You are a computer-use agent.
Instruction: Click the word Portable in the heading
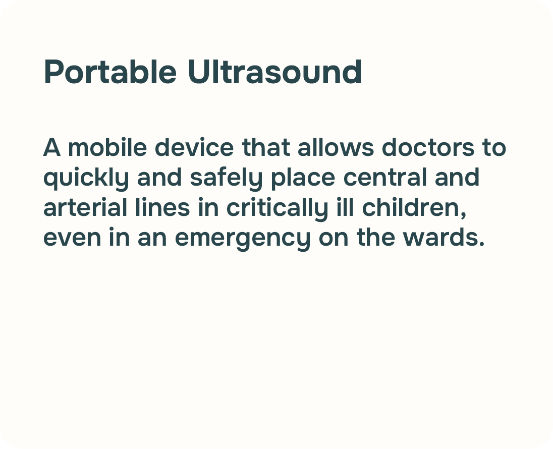[110, 72]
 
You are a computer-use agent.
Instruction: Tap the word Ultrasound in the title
[275, 72]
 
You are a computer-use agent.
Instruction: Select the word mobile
[107, 147]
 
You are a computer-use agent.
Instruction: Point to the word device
[194, 147]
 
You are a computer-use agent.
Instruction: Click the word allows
[336, 147]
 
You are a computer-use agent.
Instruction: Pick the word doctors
[428, 147]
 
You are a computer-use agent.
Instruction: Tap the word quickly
[86, 178]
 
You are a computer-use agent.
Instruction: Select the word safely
[227, 178]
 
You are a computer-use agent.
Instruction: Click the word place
[303, 178]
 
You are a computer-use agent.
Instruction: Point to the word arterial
[85, 207]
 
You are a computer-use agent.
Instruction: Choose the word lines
[162, 207]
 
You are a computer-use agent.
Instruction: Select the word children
[414, 208]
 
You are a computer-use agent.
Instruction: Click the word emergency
[243, 239]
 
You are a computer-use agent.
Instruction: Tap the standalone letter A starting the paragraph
[52, 147]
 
